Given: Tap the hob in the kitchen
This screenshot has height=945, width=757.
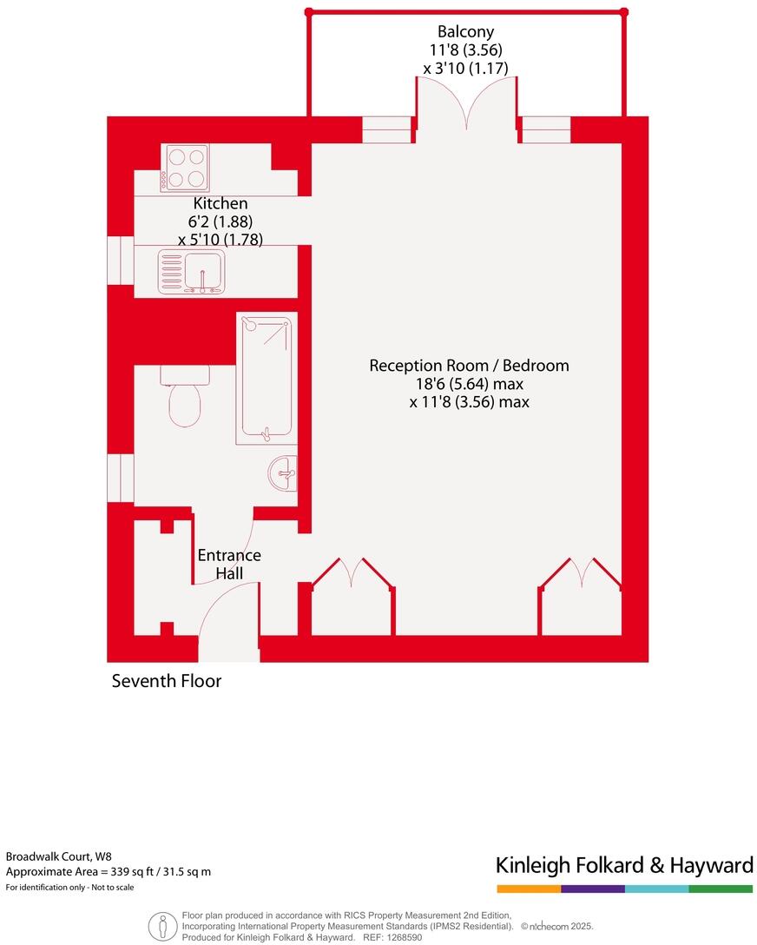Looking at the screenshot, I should click(186, 168).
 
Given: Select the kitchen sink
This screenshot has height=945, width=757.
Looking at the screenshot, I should click(191, 272).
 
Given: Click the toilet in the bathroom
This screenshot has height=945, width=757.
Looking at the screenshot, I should click(185, 397).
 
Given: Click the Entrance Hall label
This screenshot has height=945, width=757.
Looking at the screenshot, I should click(229, 565).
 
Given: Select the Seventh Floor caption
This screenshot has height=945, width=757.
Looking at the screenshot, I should click(167, 681).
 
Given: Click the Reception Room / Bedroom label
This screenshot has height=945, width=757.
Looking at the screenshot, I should click(469, 366).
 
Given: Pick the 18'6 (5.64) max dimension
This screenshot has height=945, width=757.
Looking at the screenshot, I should click(469, 384).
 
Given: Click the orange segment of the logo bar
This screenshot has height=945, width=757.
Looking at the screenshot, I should click(529, 889).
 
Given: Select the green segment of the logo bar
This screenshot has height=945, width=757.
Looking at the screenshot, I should click(721, 889).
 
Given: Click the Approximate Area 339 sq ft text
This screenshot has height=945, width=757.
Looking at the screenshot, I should click(109, 871).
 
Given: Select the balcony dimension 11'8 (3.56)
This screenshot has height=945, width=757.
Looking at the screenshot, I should click(460, 50).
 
